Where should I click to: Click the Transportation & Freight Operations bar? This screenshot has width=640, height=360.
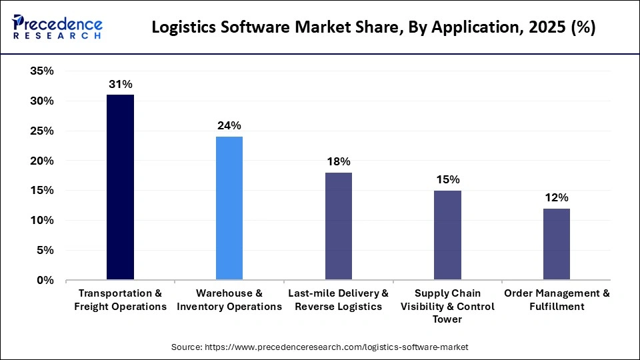[x=120, y=187]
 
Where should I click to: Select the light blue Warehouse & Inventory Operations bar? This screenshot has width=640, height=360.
[x=229, y=208]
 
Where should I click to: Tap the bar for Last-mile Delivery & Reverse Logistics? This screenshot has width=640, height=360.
[x=339, y=226]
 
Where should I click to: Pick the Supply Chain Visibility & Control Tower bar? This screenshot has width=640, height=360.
[x=447, y=235]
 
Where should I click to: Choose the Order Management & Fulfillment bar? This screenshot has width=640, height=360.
[x=557, y=244]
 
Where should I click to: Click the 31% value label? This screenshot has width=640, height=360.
[x=120, y=84]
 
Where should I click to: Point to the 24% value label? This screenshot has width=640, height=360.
[x=229, y=125]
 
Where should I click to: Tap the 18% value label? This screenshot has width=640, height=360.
[x=339, y=161]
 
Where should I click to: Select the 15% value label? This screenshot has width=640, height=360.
[x=447, y=179]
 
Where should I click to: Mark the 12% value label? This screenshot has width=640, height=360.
[x=557, y=197]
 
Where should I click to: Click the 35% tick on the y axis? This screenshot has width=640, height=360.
[x=42, y=71]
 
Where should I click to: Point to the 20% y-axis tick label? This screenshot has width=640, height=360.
[x=42, y=161]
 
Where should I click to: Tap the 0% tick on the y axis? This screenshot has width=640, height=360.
[x=45, y=280]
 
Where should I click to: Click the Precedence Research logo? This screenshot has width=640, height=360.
[x=57, y=27]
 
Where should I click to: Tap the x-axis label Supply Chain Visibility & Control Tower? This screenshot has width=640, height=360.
[x=447, y=307]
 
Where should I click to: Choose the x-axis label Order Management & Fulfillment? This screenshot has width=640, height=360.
[x=557, y=300]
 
